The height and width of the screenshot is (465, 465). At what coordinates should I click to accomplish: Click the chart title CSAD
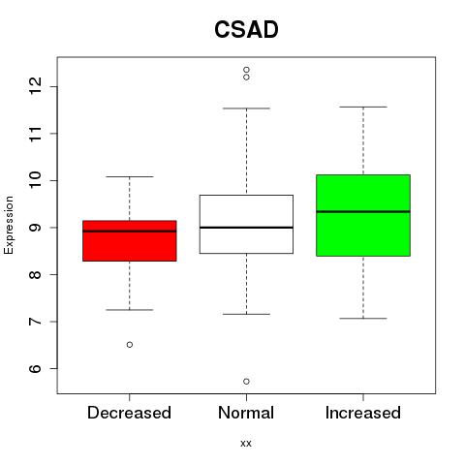click(x=246, y=29)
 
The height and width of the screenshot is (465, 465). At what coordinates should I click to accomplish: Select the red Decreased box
click(x=130, y=241)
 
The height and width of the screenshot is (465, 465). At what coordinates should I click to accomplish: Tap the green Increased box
click(x=363, y=215)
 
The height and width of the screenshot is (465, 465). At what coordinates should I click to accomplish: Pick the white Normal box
click(x=246, y=224)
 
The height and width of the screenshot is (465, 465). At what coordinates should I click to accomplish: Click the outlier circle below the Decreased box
click(x=130, y=345)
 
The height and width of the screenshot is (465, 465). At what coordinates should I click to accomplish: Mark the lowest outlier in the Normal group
click(x=246, y=382)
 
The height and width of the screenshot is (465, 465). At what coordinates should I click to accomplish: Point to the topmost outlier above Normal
click(x=246, y=70)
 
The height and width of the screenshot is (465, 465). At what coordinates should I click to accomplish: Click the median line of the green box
click(x=363, y=212)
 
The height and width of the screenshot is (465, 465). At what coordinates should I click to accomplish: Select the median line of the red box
click(x=130, y=232)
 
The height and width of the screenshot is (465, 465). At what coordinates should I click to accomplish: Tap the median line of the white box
click(x=246, y=228)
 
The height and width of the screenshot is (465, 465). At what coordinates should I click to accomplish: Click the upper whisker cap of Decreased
click(x=130, y=176)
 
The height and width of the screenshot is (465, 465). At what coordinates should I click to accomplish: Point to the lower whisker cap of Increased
click(x=363, y=319)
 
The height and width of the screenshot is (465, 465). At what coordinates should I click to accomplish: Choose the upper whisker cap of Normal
click(x=246, y=108)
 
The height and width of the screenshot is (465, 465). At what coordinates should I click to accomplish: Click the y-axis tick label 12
click(x=35, y=86)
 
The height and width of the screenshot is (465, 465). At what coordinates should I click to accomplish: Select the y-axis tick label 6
click(x=35, y=368)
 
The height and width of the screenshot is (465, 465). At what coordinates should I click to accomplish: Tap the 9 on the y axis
click(x=35, y=228)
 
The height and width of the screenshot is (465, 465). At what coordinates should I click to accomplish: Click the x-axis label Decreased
click(x=129, y=413)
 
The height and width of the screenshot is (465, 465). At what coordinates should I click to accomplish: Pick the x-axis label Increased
click(x=363, y=413)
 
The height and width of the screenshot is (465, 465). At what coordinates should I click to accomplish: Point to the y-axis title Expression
click(x=9, y=225)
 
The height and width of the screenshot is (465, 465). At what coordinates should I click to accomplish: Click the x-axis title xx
click(x=246, y=444)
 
